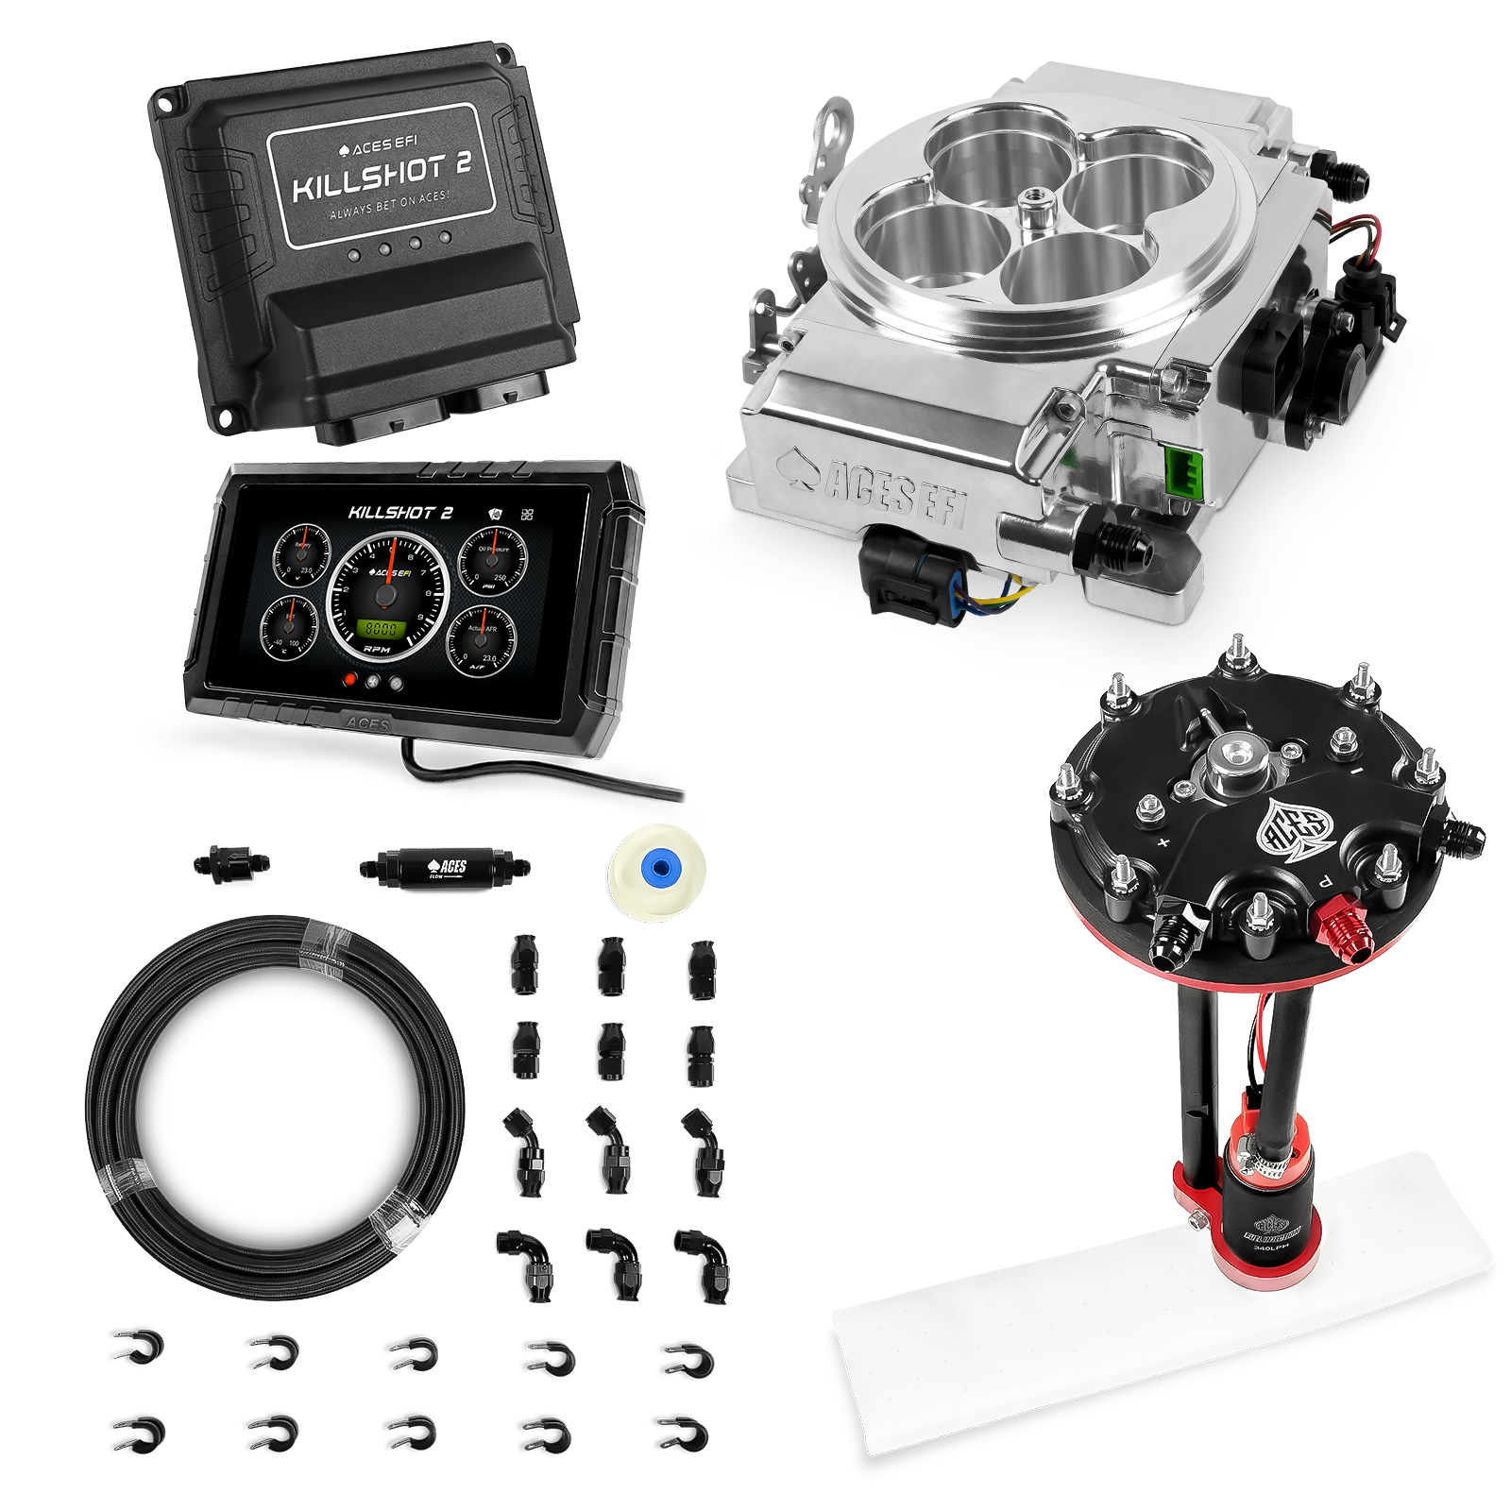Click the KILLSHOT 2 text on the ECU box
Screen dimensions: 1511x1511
(x=382, y=177)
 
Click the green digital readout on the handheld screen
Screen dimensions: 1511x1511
(x=381, y=629)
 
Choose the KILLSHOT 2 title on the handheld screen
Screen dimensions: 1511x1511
(x=400, y=513)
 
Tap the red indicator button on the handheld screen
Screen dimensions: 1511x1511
(x=349, y=679)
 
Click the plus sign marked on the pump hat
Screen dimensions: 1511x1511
(x=1163, y=842)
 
